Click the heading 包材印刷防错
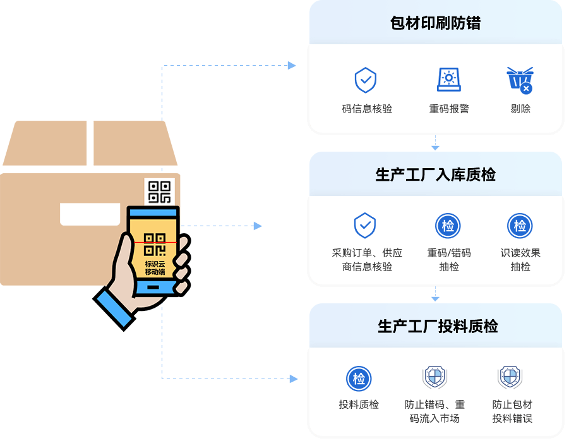(x=435, y=23)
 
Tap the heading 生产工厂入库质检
(x=435, y=174)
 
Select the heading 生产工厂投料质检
(x=437, y=326)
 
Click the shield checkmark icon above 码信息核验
(x=366, y=80)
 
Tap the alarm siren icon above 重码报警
(x=449, y=80)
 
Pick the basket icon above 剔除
(x=520, y=80)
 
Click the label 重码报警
(x=449, y=109)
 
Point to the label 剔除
(x=520, y=109)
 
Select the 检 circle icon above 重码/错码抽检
(x=448, y=226)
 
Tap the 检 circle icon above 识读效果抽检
(x=520, y=226)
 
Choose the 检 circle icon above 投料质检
(x=359, y=379)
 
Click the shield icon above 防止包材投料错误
(x=510, y=377)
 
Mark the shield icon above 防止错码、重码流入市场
(x=434, y=377)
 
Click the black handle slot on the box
(x=90, y=214)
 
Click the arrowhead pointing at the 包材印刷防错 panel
(x=292, y=66)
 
